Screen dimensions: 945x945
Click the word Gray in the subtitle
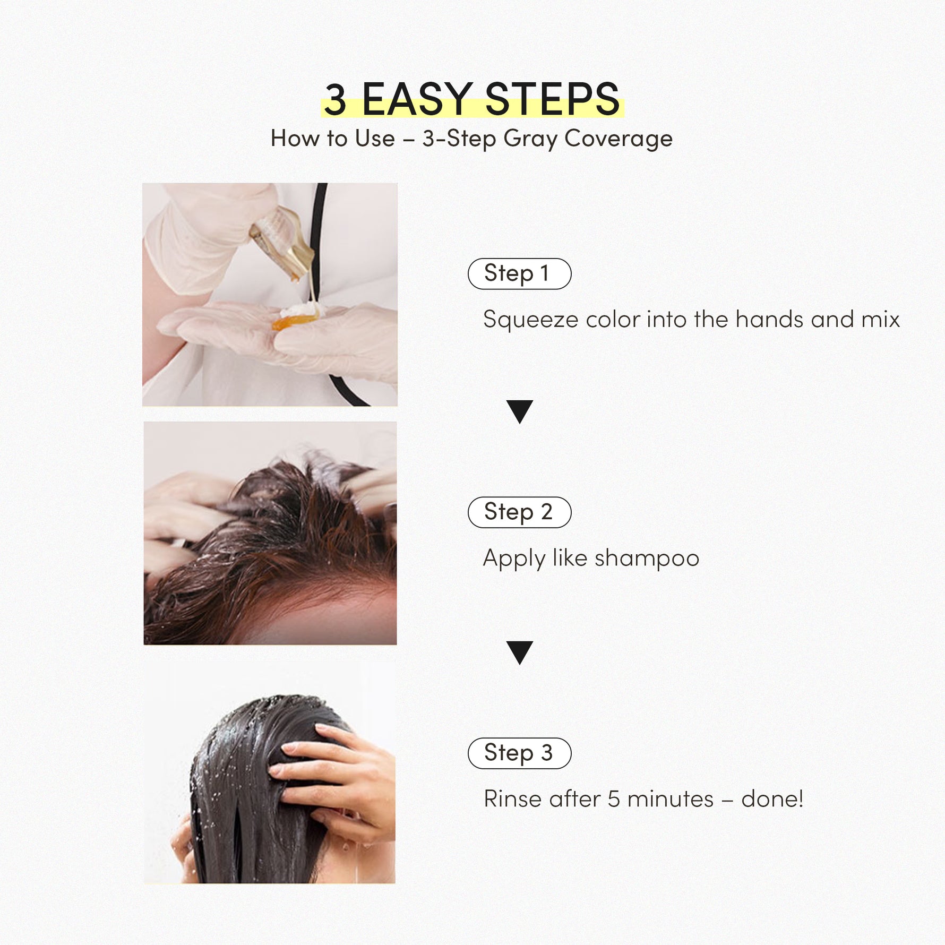pos(530,139)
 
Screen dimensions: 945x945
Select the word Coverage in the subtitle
pos(618,139)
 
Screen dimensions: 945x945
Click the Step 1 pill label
pos(519,273)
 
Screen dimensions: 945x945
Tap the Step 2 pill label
pos(519,512)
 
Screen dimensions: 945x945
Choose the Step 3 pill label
pos(519,753)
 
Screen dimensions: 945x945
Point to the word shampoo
pos(647,559)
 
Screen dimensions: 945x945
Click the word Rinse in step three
pos(513,799)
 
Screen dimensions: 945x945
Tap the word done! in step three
pos(772,799)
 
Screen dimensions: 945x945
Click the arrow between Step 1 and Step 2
pos(520,411)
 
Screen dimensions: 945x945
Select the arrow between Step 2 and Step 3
pos(520,652)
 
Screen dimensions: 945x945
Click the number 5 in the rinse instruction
pos(614,799)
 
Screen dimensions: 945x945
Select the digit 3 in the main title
pos(336,99)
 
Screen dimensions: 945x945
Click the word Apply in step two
pos(514,559)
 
